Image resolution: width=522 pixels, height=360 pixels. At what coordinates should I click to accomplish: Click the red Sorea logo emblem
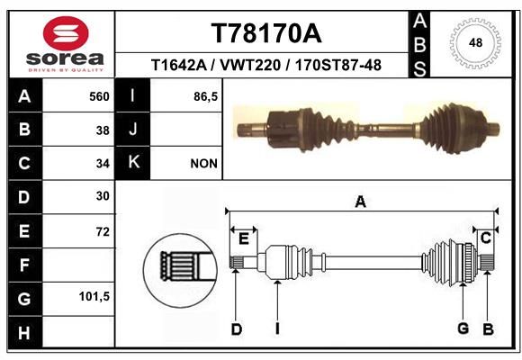pos(66,33)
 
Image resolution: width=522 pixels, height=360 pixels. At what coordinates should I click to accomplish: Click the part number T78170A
pos(266,33)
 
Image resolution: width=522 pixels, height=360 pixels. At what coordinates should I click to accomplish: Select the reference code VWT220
pos(250,65)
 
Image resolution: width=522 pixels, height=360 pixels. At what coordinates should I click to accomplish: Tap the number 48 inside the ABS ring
pos(475,42)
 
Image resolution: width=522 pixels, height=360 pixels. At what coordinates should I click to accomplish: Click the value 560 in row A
pos(99,96)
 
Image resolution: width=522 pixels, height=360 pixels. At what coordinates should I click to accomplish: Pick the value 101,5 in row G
pos(94,296)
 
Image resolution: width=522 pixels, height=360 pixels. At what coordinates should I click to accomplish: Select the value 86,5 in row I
pos(205,97)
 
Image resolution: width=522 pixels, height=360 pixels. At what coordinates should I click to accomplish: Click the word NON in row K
pos(203,164)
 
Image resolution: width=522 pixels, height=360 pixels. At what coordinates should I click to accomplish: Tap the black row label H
pos(24,332)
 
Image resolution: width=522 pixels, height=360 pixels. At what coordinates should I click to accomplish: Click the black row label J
pos(132,129)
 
